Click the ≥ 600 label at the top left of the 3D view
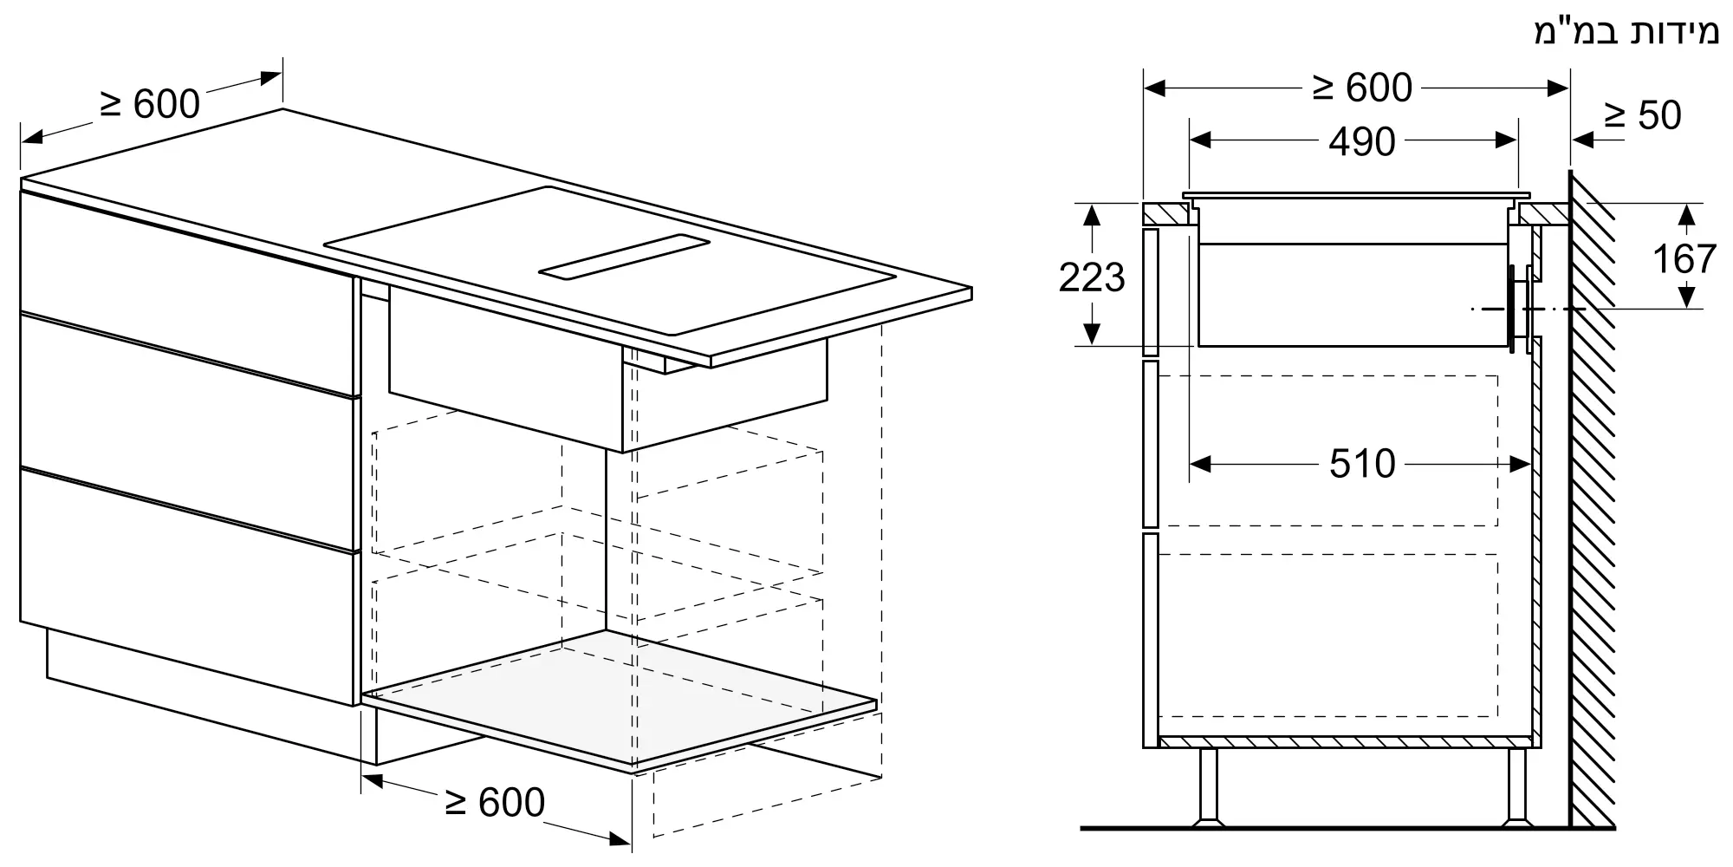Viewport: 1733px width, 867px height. (x=150, y=104)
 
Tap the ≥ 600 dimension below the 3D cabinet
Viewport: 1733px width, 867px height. (x=495, y=803)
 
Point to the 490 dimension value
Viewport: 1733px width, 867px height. (x=1362, y=141)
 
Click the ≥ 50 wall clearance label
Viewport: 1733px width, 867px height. (x=1642, y=115)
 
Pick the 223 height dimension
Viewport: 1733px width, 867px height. (x=1092, y=277)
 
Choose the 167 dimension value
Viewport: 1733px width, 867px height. (x=1684, y=258)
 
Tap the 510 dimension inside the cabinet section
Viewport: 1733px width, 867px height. (x=1362, y=464)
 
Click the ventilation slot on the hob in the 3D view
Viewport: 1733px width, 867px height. (x=624, y=257)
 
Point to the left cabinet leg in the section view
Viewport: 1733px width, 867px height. (x=1206, y=786)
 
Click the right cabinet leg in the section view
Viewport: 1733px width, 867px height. (x=1516, y=786)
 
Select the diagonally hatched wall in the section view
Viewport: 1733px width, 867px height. (x=1591, y=499)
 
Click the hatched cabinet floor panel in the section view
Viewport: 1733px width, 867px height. (x=1345, y=741)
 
